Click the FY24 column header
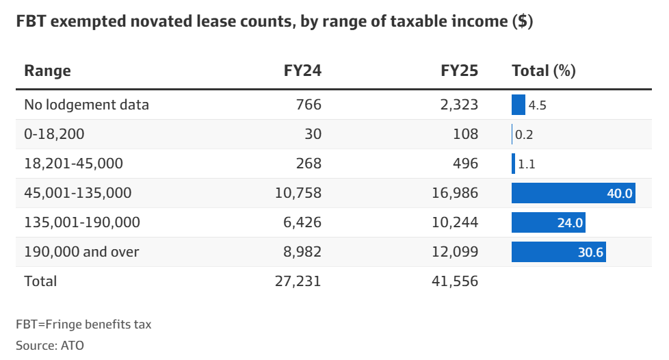point(302,70)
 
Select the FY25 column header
point(459,70)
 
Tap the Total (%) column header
point(544,70)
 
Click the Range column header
point(47,70)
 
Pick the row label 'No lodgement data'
point(86,105)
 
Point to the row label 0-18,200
point(54,134)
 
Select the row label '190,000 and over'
point(81,252)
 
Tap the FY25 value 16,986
point(455,193)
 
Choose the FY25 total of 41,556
point(455,281)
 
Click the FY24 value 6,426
point(302,222)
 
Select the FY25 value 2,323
point(459,105)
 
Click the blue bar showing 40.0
point(573,193)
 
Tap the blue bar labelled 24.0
point(548,222)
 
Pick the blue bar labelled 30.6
point(558,252)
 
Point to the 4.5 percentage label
point(537,105)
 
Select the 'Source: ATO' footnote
point(49,345)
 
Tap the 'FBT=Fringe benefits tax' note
point(83,324)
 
